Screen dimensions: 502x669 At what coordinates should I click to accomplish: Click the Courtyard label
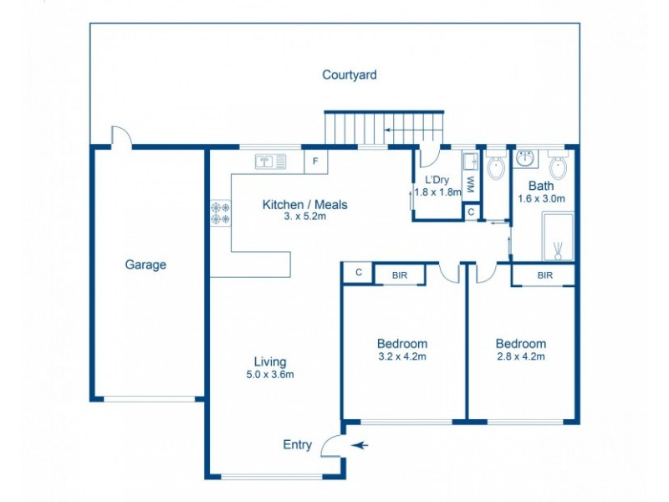(350, 75)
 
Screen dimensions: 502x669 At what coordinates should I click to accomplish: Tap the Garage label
(146, 264)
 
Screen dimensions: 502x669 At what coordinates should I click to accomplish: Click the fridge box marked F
(316, 161)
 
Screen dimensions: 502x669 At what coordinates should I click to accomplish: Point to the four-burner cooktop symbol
(221, 213)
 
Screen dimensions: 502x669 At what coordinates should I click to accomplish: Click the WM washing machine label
(471, 182)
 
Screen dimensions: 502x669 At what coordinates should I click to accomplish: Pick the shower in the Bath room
(558, 237)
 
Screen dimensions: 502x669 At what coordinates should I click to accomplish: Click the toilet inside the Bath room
(559, 166)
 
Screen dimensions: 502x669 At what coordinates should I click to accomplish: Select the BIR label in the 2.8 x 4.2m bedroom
(544, 274)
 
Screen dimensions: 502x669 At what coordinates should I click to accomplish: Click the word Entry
(297, 445)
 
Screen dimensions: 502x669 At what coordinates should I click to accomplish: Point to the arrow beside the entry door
(360, 446)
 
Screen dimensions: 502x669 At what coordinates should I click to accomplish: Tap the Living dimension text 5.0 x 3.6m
(270, 374)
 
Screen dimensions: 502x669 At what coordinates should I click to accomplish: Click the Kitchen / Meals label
(304, 205)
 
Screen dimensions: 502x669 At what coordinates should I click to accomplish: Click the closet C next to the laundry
(472, 213)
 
